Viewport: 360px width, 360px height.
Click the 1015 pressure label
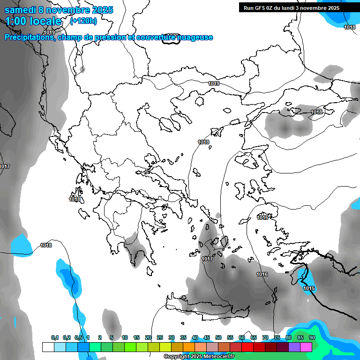309,288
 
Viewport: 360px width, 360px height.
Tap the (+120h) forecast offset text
83,21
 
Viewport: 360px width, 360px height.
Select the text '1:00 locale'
34,21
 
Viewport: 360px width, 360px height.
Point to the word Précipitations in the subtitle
29,37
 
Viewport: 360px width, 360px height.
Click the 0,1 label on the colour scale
55,337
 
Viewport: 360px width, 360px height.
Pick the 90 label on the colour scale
312,337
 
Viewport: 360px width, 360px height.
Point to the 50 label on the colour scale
218,337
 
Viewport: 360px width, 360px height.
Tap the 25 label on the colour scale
160,337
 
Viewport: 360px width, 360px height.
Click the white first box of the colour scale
48,347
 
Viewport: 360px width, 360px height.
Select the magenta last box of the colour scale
306,347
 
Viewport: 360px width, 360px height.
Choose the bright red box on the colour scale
247,347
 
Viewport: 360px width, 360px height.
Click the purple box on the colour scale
294,347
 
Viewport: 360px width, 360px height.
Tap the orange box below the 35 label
189,347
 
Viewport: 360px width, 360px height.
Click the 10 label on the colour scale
125,337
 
